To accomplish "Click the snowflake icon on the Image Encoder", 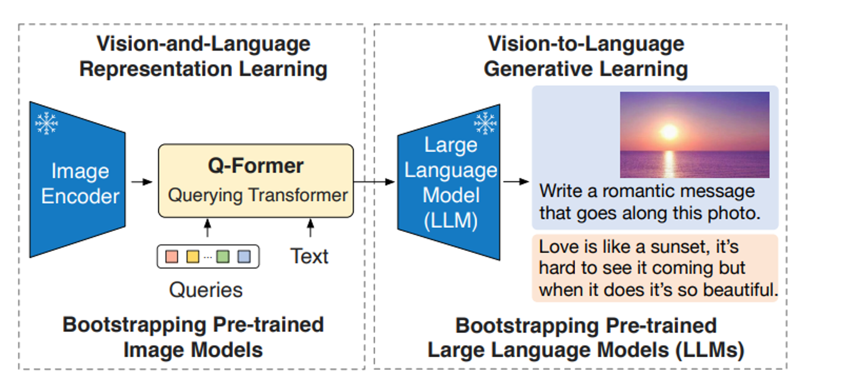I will [x=47, y=123].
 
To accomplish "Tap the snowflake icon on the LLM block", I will [x=485, y=123].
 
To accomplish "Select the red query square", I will [x=172, y=257].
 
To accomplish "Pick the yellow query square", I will [x=192, y=257].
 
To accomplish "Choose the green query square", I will [x=223, y=257].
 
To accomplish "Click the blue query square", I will [x=244, y=257].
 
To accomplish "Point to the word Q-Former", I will [x=255, y=166].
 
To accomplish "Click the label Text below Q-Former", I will [x=309, y=256].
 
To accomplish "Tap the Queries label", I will [x=206, y=290].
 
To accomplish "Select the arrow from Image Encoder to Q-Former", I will [x=142, y=182].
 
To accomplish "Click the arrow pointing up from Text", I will [x=310, y=228].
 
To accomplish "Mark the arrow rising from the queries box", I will [x=208, y=228].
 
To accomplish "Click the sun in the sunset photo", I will [x=669, y=132].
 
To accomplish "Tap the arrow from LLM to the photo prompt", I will [x=516, y=182].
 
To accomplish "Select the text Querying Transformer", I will [x=258, y=195].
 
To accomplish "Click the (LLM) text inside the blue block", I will [x=450, y=220].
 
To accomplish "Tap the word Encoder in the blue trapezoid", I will [x=80, y=196].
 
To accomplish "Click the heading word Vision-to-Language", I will [x=586, y=44].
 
